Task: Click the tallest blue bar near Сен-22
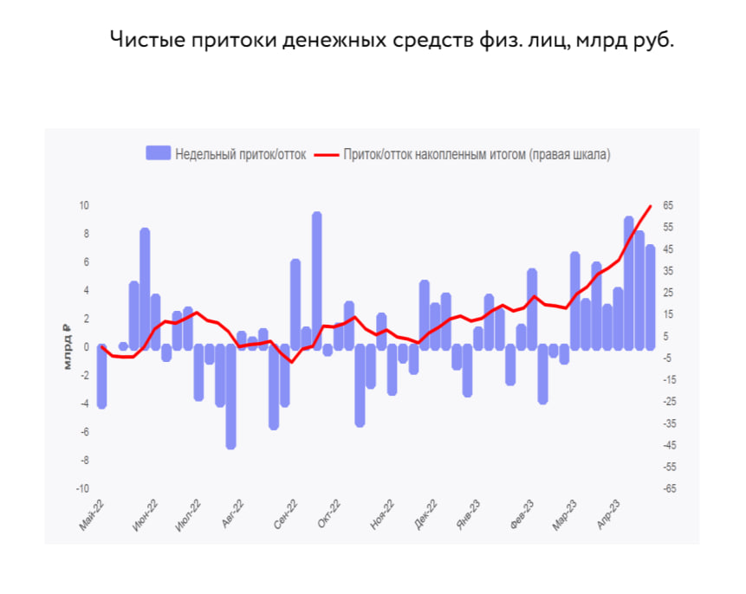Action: tap(317, 281)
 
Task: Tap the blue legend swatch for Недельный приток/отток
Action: tap(158, 154)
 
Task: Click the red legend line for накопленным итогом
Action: tap(325, 154)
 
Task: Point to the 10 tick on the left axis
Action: tap(85, 205)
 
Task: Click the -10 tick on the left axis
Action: tap(83, 488)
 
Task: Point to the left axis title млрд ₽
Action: tap(67, 347)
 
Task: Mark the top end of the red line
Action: tap(651, 206)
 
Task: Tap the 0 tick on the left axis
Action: tap(86, 347)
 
